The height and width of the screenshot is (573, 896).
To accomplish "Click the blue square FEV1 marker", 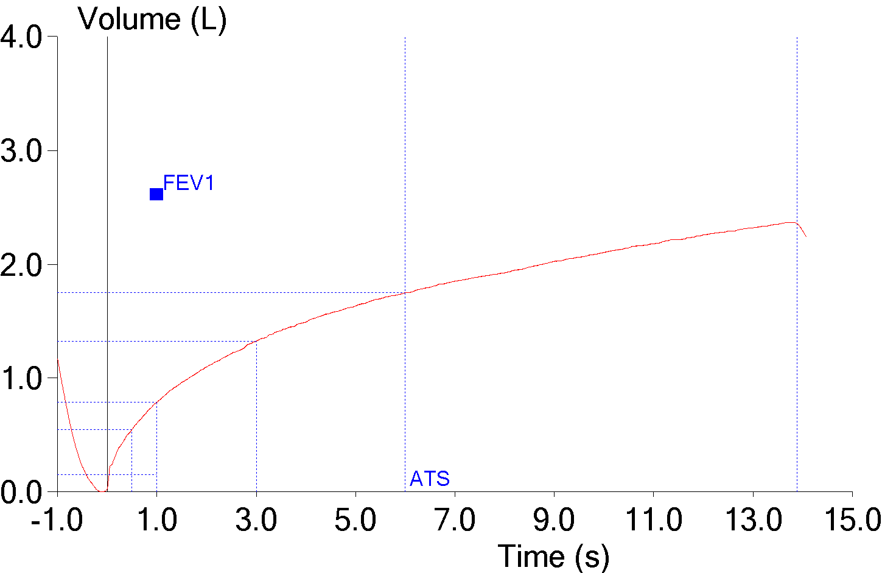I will pos(156,194).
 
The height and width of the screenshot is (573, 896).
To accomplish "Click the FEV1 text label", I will pos(189,183).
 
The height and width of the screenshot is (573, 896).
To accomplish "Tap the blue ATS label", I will pos(430,479).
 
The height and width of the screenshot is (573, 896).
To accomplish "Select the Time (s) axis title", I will pos(553,556).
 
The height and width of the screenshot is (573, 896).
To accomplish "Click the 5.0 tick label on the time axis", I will pos(355,521).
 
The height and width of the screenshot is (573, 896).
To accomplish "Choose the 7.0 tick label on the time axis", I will pos(455,521).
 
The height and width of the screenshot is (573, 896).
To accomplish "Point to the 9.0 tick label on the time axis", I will pos(554,521).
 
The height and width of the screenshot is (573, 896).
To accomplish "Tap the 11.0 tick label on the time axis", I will pos(653,521).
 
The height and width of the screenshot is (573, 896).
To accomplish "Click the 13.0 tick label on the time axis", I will pos(753,521).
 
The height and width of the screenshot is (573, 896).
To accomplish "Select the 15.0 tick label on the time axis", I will pos(852,521).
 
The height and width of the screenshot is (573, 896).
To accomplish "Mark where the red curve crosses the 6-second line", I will pos(405,293).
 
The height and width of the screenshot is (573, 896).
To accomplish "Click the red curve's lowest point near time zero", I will pos(102,491).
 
